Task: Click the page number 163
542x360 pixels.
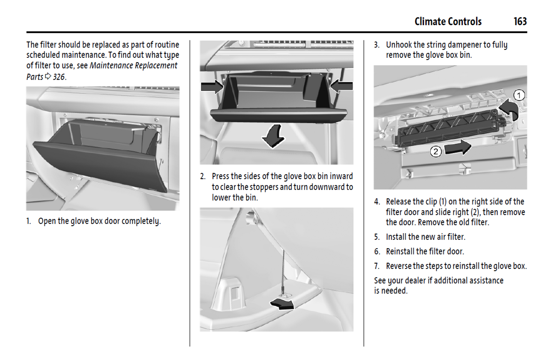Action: (520, 21)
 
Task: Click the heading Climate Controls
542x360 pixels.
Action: (448, 21)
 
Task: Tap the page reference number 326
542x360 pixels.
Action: (59, 77)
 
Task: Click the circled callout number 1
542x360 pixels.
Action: (519, 95)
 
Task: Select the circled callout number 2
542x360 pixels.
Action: (435, 152)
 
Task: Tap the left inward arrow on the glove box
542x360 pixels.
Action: (212, 87)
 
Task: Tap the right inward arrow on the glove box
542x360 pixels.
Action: (341, 86)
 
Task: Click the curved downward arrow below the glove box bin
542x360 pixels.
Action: (274, 136)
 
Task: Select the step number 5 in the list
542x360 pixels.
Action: (377, 237)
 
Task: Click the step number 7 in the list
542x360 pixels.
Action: (377, 266)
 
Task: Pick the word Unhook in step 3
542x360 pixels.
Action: (399, 45)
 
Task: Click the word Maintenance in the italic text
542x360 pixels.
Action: (111, 66)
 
